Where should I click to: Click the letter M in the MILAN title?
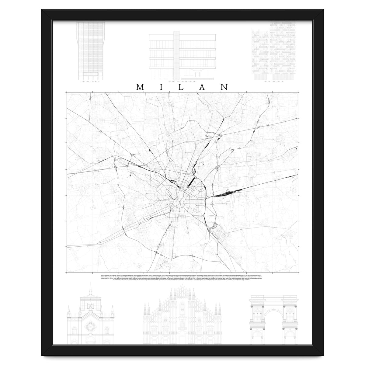tap(140, 87)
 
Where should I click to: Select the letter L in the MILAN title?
tap(183, 87)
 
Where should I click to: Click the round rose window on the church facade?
tap(91, 327)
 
